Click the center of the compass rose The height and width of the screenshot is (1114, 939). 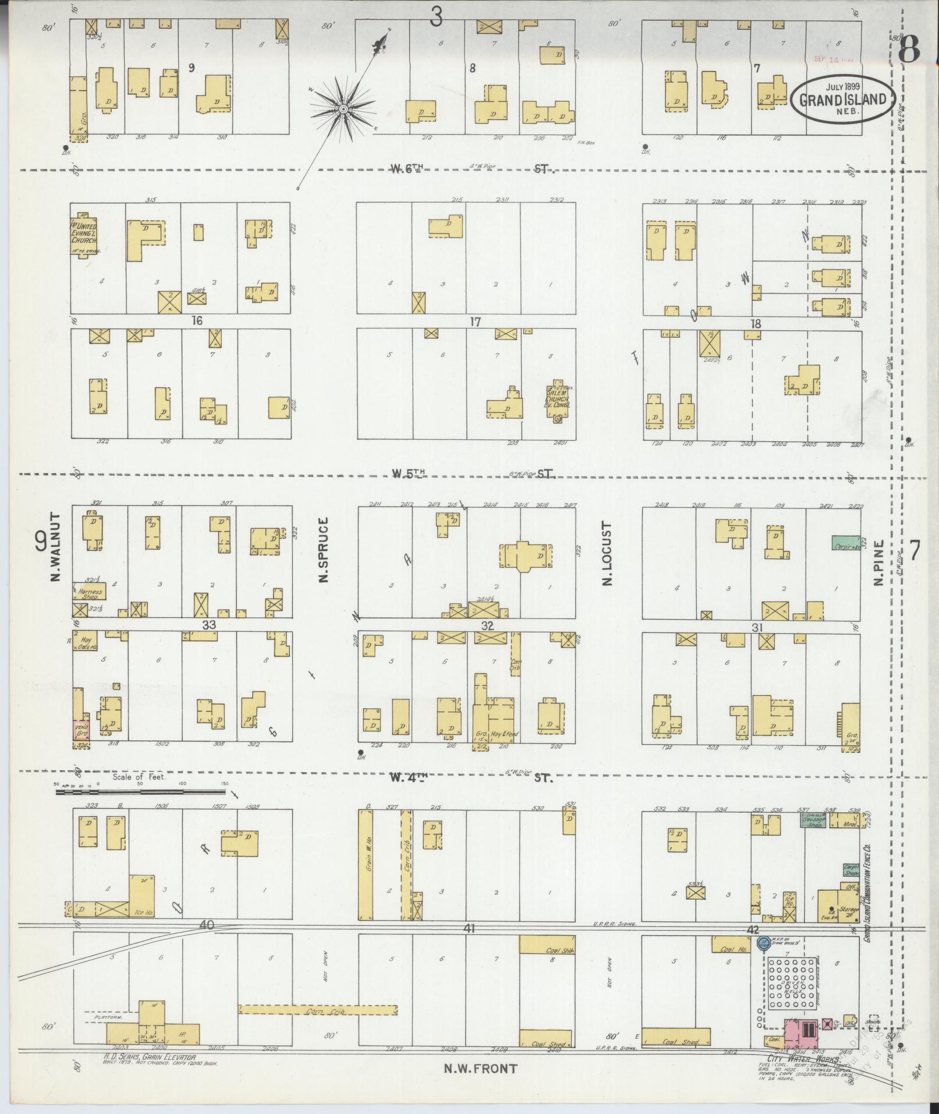pos(343,109)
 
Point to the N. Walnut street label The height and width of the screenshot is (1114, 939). pos(56,546)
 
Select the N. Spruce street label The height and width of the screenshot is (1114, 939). pos(324,549)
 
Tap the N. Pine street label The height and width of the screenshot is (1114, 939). pos(878,563)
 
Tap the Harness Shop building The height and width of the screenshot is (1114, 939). pos(90,592)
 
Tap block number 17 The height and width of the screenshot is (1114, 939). pos(475,321)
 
